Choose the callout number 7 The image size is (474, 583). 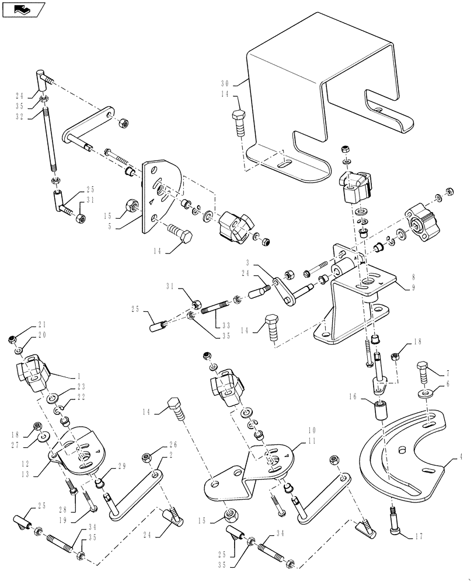click(x=448, y=372)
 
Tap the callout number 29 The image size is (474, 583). click(x=121, y=465)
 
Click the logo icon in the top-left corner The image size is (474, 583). click(x=23, y=9)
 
